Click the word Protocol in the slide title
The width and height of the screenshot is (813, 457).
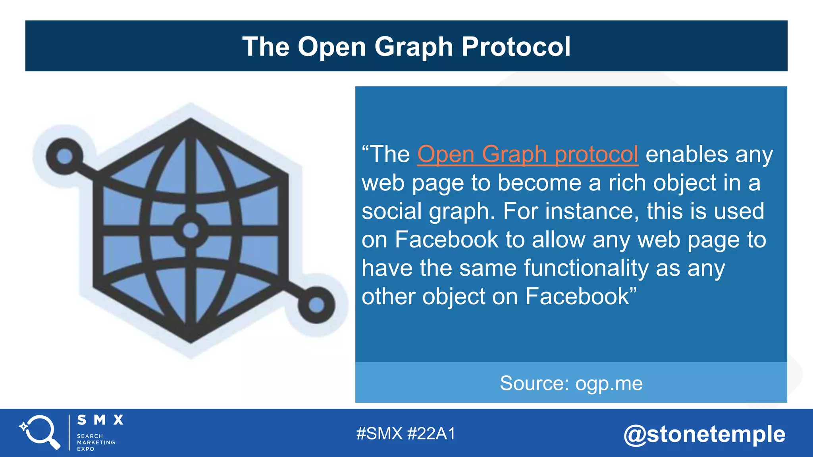[x=516, y=47]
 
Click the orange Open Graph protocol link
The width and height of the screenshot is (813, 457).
[x=528, y=154]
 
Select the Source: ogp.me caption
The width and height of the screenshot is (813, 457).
[x=571, y=383]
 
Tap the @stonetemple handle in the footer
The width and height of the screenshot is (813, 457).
[x=704, y=434]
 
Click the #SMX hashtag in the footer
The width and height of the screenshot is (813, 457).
[x=379, y=434]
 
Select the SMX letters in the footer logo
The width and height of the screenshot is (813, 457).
[x=100, y=420]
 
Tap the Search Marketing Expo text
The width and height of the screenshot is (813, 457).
[x=96, y=442]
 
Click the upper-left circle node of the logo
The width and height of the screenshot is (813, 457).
[x=65, y=156]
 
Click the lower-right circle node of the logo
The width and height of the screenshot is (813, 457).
[x=316, y=305]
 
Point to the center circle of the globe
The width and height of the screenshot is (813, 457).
[x=191, y=230]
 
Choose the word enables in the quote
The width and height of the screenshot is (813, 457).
[x=687, y=154]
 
